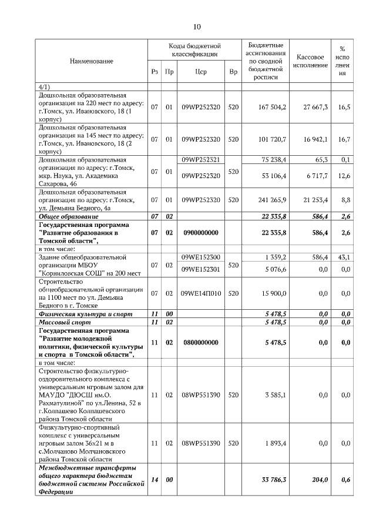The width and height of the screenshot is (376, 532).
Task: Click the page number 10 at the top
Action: pyautogui.click(x=197, y=26)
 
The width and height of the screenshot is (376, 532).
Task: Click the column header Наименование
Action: pyautogui.click(x=92, y=61)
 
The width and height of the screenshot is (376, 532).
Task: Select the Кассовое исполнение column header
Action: pyautogui.click(x=311, y=61)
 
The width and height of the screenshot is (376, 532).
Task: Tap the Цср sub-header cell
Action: pyautogui.click(x=201, y=73)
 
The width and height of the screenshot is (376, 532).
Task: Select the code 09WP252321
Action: pyautogui.click(x=201, y=159)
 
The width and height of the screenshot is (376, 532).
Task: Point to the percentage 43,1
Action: pyautogui.click(x=344, y=257)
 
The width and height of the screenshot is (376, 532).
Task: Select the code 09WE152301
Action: pyautogui.click(x=201, y=269)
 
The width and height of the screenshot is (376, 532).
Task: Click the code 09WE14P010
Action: pyautogui.click(x=201, y=293)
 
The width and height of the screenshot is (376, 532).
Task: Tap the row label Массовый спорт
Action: pyautogui.click(x=61, y=322)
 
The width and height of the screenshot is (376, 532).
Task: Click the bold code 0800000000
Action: pyautogui.click(x=200, y=342)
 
